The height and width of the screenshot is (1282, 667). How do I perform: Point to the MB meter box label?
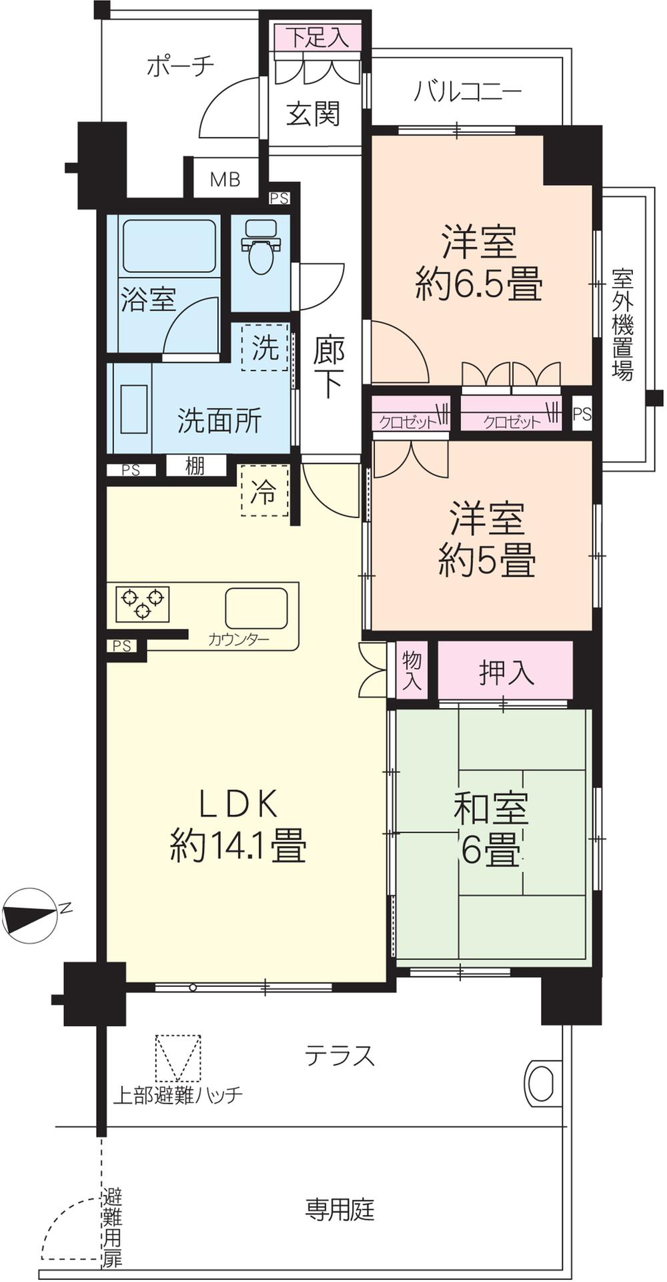[x=225, y=180]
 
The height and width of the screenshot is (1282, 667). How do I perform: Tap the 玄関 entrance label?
[x=313, y=114]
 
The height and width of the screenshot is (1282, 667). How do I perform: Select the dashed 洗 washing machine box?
[x=265, y=347]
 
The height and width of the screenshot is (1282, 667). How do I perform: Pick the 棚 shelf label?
[x=194, y=466]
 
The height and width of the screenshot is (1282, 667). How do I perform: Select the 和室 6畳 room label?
[x=491, y=829]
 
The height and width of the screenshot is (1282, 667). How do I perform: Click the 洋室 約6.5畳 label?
[x=480, y=263]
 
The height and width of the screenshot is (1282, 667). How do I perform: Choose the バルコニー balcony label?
[x=467, y=91]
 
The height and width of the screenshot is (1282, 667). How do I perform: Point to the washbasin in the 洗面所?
[x=134, y=409]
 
